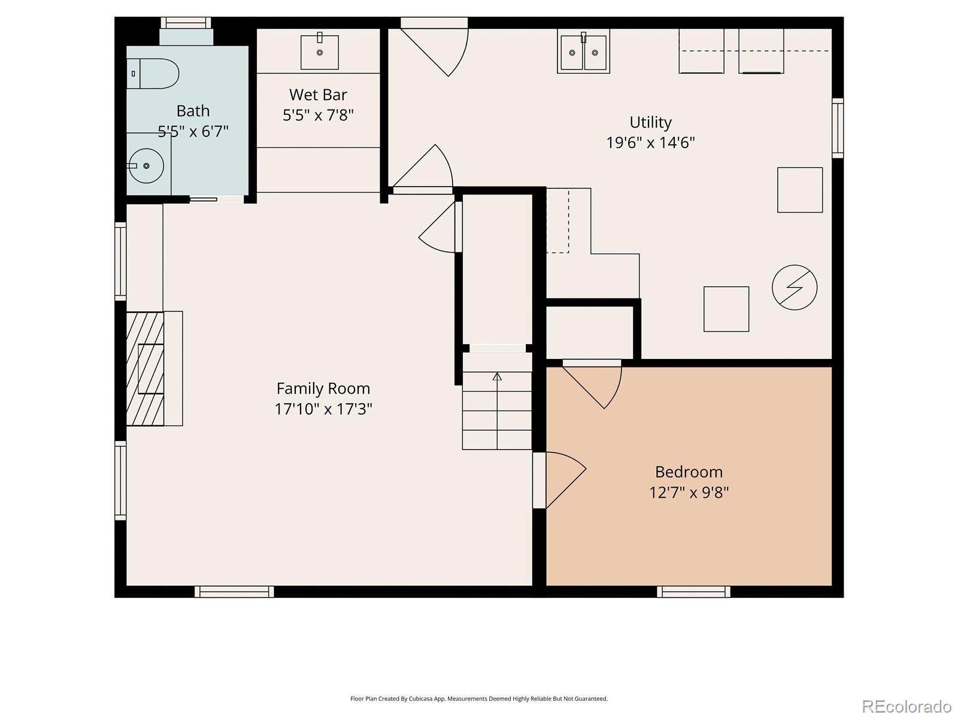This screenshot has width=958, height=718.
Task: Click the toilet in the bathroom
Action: click(x=153, y=74)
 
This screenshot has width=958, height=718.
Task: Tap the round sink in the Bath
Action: click(x=145, y=166)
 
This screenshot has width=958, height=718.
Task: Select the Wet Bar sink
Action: click(x=320, y=52)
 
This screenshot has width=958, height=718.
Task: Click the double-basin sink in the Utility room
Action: click(x=583, y=52)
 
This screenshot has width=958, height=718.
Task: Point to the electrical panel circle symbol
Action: click(x=795, y=287)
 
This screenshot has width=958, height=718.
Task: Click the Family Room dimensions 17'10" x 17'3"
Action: click(x=323, y=409)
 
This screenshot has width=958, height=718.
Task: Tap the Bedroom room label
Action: click(x=689, y=471)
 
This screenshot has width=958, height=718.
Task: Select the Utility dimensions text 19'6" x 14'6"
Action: click(x=650, y=142)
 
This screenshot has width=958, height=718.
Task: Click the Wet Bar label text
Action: click(x=318, y=95)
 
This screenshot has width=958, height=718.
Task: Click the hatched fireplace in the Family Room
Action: click(x=145, y=369)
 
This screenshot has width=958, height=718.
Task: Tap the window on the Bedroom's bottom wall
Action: click(x=693, y=592)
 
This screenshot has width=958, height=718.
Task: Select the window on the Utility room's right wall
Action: click(x=838, y=128)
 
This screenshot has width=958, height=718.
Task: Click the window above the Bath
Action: click(x=186, y=23)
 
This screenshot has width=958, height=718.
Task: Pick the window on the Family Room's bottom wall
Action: click(x=234, y=592)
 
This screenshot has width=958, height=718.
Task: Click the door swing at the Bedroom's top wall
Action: click(x=592, y=384)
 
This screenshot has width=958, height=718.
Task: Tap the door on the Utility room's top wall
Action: click(x=434, y=47)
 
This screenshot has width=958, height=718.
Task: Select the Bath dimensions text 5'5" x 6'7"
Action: click(x=193, y=131)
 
